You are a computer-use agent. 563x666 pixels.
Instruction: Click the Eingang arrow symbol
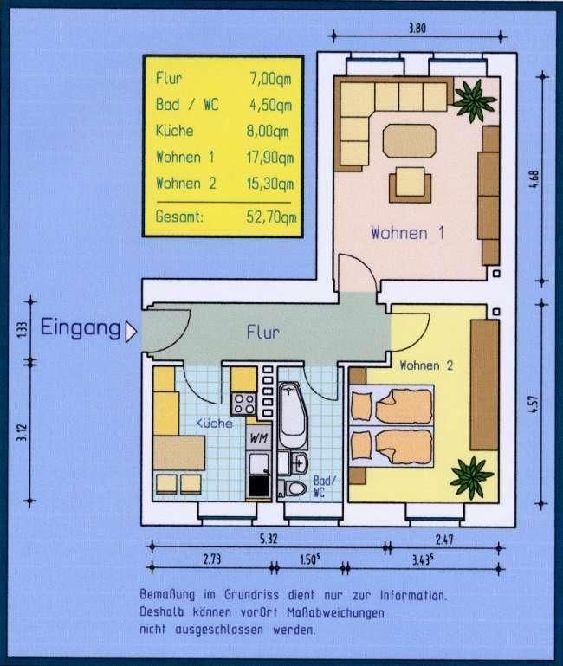tap(131, 332)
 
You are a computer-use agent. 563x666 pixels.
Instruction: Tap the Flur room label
tap(263, 333)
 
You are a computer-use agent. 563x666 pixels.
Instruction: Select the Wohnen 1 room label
tap(407, 233)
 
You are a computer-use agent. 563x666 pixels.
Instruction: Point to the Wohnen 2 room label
tap(426, 365)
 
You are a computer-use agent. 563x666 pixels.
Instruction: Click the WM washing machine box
tap(259, 437)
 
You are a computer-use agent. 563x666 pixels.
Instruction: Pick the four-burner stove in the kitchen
tap(244, 404)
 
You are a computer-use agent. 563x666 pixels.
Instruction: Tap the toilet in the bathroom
tap(292, 488)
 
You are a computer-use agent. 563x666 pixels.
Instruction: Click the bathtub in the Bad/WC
tap(293, 415)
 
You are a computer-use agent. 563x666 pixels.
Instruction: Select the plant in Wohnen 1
tap(474, 100)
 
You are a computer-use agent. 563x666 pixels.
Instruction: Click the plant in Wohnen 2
tap(472, 477)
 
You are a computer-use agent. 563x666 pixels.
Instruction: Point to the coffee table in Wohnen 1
tap(410, 140)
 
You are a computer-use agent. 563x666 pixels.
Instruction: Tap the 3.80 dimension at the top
tap(417, 29)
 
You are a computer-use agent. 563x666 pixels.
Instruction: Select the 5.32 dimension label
tap(269, 539)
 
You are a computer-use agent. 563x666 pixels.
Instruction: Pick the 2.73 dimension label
tap(211, 559)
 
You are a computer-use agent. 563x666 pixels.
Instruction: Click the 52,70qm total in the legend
tap(271, 217)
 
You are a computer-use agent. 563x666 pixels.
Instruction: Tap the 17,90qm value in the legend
tap(270, 158)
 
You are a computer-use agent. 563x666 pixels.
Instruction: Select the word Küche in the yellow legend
tap(174, 131)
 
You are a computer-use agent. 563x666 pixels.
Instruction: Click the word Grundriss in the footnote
tap(251, 595)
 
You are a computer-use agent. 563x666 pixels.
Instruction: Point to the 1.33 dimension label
tap(23, 331)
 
